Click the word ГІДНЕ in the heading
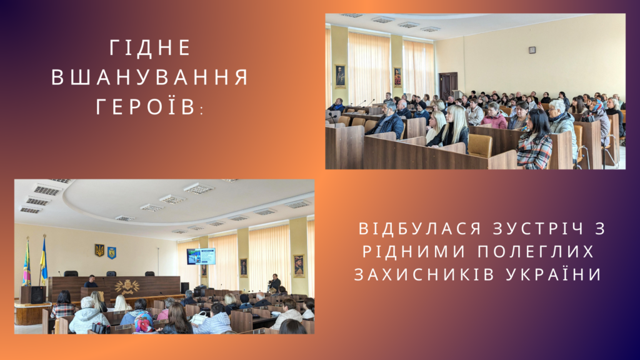[x=150, y=47]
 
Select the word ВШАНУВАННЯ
[x=150, y=77]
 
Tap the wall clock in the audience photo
[x=532, y=50]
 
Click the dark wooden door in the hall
[x=448, y=86]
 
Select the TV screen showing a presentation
[x=201, y=256]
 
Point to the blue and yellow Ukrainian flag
[x=43, y=261]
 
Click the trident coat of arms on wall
[x=99, y=250]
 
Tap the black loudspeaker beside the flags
[x=38, y=295]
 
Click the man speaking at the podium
[x=91, y=281]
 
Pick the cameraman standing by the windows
[x=275, y=283]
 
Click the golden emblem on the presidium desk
[x=127, y=287]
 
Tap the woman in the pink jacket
[x=494, y=116]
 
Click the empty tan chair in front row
[x=479, y=146]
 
